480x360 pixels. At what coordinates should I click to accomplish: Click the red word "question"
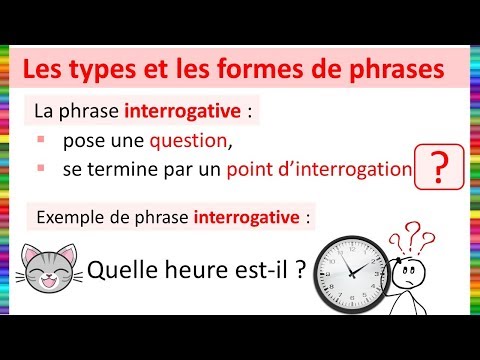[188, 141]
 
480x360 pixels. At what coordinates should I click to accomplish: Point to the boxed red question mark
[439, 167]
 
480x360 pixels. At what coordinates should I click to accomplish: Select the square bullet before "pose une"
[41, 139]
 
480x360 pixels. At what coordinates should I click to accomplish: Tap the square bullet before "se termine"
[41, 168]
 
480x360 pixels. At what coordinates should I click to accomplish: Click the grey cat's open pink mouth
[49, 283]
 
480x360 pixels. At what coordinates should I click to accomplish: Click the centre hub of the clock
[351, 274]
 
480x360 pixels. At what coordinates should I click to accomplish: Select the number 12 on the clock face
[352, 249]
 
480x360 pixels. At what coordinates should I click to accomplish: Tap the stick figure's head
[408, 271]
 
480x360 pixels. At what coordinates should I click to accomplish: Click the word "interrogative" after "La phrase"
[182, 111]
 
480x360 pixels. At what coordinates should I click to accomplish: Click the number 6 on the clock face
[351, 298]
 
